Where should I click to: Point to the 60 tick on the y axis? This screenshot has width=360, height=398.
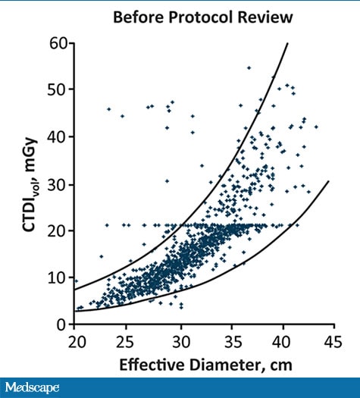[59, 42]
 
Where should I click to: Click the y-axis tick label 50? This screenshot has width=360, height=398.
[59, 89]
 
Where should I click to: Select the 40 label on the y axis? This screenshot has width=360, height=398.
[59, 136]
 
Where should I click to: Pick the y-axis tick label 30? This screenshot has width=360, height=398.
[59, 183]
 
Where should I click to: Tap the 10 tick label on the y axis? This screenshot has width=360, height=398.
[59, 277]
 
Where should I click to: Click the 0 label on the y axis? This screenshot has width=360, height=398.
[64, 324]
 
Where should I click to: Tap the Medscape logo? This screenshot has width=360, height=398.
[31, 387]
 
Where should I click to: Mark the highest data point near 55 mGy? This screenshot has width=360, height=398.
[249, 68]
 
